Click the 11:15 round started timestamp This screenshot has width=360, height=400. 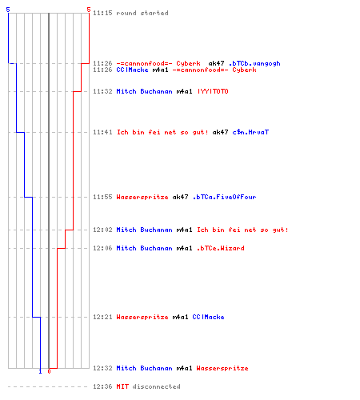coord(102,13)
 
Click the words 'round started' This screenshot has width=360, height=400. coord(142,13)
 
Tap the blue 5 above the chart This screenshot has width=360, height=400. coord(8,10)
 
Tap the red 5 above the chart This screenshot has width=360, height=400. coord(89,10)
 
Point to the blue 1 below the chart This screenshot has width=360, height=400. coord(40,371)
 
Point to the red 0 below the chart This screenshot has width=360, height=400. coord(49,371)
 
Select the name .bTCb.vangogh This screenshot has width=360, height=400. coord(254,63)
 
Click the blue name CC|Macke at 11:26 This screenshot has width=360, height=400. coord(132,70)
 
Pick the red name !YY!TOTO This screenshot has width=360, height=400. coord(213,91)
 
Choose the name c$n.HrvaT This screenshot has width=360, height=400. coord(250,132)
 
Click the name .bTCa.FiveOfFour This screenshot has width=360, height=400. coord(224,197)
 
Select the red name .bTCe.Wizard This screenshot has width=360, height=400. coord(221,248)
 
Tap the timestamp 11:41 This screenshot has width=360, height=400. coord(102,132)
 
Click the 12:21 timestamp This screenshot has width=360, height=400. coord(102,317)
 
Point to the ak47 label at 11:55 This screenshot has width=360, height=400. coord(180,197)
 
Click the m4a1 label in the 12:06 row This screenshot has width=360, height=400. coord(184,248)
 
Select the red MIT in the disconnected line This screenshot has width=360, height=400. coord(122,386)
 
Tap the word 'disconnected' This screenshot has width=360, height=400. coord(157,386)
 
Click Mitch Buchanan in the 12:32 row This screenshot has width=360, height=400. coord(144,368)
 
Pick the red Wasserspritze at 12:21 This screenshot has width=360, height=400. coord(142,317)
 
